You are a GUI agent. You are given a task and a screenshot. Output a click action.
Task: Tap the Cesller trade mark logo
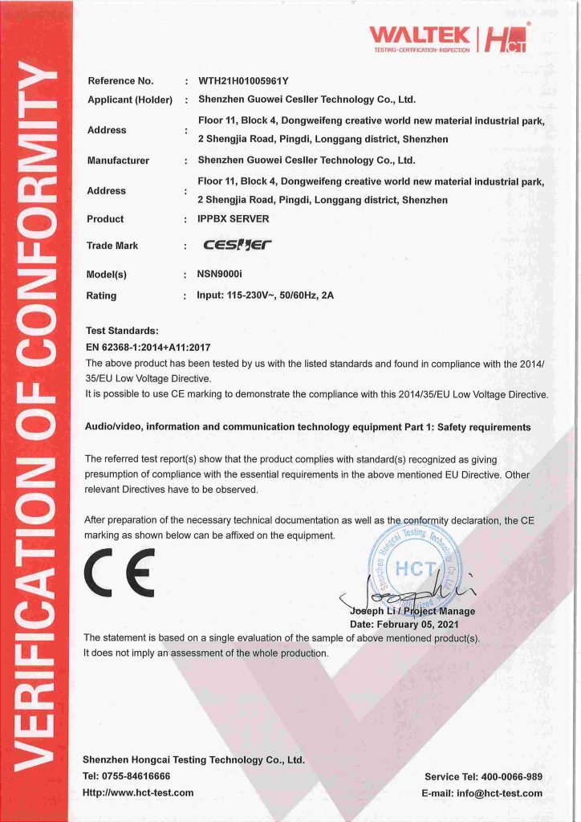(238, 246)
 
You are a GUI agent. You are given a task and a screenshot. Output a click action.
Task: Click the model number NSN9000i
(218, 274)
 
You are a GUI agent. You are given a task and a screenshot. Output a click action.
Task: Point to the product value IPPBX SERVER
(234, 218)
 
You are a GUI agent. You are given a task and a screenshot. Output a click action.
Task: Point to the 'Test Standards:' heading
(122, 330)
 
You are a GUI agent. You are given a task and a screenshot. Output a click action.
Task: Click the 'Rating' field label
(101, 295)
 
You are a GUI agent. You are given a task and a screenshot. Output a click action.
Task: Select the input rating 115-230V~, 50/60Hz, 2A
(265, 295)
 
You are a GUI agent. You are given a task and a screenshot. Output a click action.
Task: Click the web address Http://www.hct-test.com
(138, 792)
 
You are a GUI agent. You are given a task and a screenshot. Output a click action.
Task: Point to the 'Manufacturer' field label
(118, 161)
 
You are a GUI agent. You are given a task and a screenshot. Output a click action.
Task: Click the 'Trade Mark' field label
(112, 246)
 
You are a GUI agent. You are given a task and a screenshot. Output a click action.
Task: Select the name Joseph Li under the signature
(374, 611)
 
